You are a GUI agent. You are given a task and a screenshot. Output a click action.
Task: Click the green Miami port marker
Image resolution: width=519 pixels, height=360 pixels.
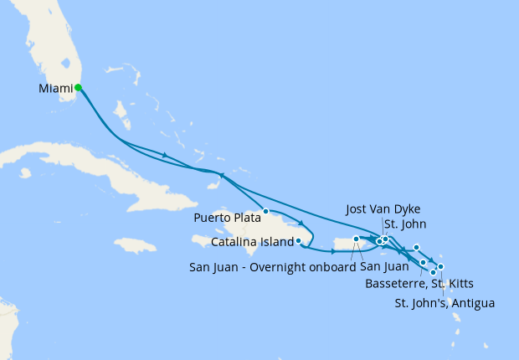(x=78, y=87)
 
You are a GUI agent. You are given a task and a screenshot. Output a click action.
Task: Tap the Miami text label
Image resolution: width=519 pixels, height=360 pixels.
(x=55, y=88)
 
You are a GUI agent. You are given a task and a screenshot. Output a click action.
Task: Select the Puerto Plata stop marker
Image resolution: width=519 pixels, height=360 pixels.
(x=265, y=211)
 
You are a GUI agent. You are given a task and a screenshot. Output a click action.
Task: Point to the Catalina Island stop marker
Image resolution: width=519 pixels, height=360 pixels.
(x=299, y=241)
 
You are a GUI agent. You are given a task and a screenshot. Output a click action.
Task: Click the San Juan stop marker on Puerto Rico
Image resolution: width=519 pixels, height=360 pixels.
(x=357, y=239)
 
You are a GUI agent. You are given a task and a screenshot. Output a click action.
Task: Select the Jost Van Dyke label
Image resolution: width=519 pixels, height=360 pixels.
(x=382, y=208)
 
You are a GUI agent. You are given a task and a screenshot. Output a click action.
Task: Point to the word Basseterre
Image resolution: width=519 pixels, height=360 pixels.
(x=396, y=283)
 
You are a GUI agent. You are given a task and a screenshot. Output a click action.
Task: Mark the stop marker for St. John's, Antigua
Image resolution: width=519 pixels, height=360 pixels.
(x=440, y=267)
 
